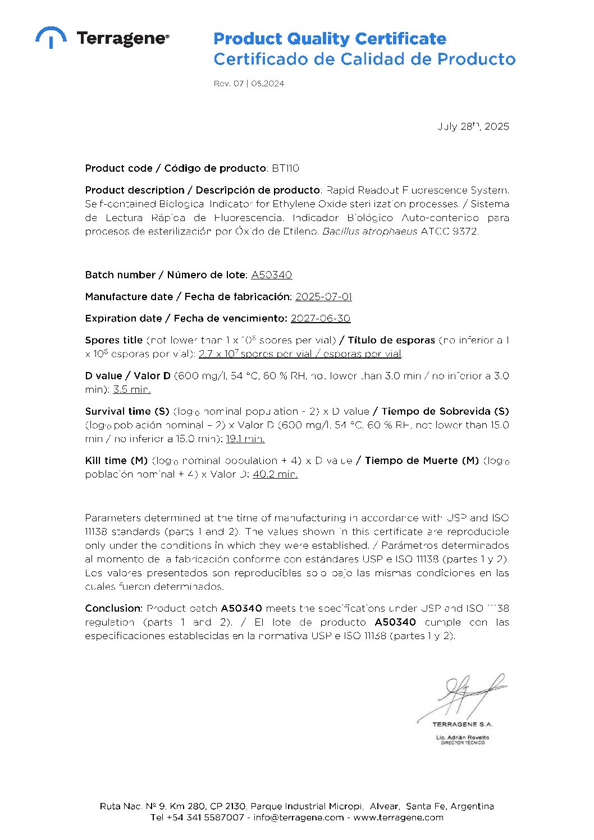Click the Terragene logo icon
(x=51, y=37)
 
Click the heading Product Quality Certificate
(x=330, y=39)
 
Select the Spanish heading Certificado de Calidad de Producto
(x=364, y=59)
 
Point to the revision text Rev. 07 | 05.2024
(x=249, y=84)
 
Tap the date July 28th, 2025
(x=473, y=126)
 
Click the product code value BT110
(x=285, y=168)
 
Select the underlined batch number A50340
(x=271, y=275)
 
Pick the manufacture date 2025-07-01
(x=323, y=297)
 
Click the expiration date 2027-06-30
(x=320, y=319)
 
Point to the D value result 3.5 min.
(x=131, y=389)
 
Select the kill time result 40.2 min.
(x=275, y=474)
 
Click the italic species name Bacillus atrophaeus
(x=369, y=231)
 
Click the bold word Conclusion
(x=113, y=608)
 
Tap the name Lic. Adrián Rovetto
(x=462, y=737)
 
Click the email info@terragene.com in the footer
(x=298, y=818)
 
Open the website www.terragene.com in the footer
(x=398, y=818)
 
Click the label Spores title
(x=113, y=340)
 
